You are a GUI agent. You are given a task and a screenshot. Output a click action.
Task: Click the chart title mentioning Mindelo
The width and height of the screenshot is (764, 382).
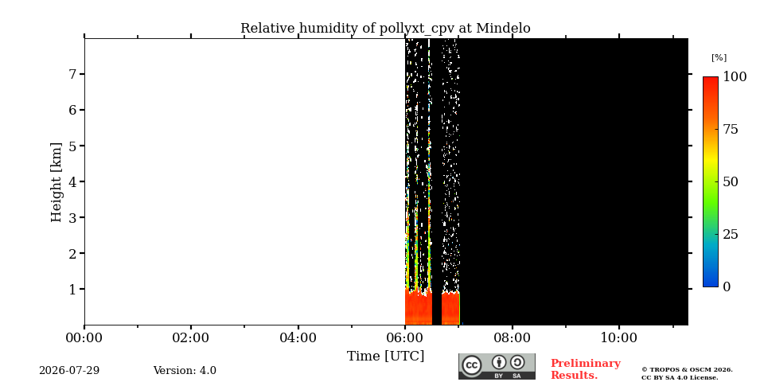[x=385, y=29]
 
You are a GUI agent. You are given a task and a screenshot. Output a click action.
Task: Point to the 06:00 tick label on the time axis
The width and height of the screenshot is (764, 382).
[x=405, y=337]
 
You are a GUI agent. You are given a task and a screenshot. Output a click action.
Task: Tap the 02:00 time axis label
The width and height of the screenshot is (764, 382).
[x=191, y=337]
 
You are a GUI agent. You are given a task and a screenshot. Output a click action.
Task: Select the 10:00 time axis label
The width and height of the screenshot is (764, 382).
[x=619, y=337]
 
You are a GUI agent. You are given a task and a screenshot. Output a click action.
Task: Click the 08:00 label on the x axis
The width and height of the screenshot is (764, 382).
[x=512, y=337]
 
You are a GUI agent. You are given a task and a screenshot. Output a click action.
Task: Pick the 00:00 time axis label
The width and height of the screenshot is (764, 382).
[x=84, y=337]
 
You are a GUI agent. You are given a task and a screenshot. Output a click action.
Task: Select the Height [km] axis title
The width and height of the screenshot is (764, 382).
[x=57, y=182]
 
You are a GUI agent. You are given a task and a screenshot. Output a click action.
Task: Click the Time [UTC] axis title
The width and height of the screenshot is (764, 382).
[x=385, y=357]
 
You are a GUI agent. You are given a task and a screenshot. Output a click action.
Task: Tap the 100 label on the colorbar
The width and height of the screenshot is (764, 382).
[x=735, y=76]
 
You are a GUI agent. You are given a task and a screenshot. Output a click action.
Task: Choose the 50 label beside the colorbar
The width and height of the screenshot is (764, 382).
[x=731, y=181]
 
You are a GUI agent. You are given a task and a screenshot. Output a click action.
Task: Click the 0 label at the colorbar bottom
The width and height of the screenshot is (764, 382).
[x=727, y=287]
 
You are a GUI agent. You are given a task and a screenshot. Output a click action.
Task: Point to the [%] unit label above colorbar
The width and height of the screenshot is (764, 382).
[x=719, y=57]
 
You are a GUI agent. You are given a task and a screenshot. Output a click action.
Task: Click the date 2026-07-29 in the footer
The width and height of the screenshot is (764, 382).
[x=69, y=370]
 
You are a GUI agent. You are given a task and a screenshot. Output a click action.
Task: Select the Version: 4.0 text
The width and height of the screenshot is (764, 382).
[x=185, y=370]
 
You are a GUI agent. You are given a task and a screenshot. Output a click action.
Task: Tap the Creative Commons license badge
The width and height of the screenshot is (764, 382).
[x=497, y=366]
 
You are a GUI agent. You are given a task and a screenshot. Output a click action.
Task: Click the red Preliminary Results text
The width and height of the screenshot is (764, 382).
[x=586, y=369]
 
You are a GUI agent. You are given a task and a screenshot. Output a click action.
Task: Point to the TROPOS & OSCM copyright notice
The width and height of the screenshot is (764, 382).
[x=687, y=374]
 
